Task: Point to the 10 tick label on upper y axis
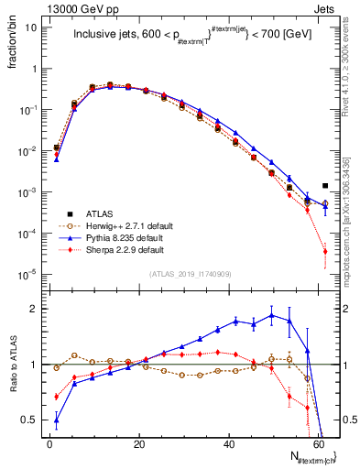coord(29,27)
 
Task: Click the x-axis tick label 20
coord(138,443)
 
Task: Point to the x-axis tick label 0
coord(49,443)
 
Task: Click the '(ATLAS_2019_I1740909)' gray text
coord(190,274)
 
